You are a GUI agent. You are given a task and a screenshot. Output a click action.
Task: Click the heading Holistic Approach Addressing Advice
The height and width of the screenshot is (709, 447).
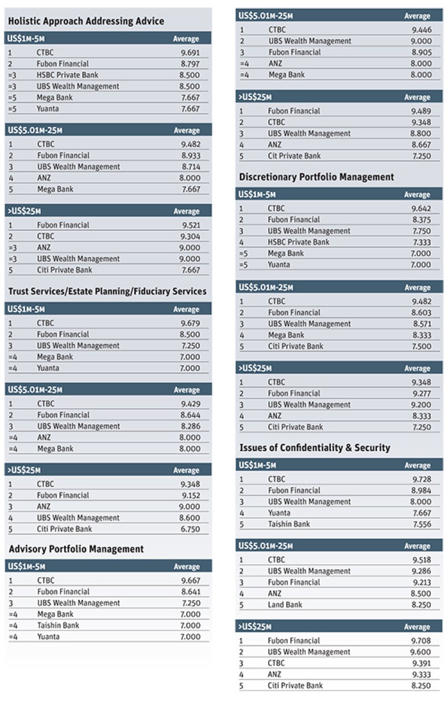pos(86,21)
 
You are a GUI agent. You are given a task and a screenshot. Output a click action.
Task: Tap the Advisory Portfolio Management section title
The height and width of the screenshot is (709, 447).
pos(76,549)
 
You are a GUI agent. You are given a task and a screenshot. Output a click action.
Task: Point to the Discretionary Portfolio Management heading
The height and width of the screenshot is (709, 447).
pos(316,177)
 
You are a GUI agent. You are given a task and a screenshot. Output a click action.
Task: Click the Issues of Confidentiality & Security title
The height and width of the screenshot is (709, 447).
pos(315,448)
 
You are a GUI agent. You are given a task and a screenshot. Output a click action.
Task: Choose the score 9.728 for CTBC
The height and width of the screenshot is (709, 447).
pos(421,479)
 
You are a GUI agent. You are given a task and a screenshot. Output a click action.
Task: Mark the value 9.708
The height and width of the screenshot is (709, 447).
pos(421,641)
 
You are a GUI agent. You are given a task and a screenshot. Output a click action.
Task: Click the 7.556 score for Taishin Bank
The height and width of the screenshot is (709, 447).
pos(421,524)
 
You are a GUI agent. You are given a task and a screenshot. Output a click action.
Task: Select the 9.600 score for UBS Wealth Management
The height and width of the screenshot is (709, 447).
pos(421,652)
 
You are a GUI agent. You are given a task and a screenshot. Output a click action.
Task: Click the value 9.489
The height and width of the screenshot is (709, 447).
pos(421,111)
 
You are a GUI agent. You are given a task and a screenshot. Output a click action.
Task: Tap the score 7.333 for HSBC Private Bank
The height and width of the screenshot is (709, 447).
pos(421,242)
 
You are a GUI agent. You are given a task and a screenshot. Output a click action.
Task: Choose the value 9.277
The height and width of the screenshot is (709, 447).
pos(421,393)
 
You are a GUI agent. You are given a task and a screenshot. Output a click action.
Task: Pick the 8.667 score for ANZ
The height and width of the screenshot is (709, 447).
pos(421,144)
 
